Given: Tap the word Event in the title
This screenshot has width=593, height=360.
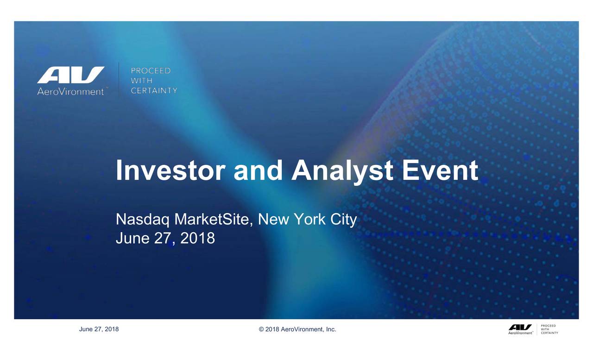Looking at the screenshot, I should [440, 171].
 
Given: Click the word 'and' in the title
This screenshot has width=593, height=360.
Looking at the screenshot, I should [258, 171].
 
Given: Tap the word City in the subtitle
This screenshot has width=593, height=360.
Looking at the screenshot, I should [343, 219].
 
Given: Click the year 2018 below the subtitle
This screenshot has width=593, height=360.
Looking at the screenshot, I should [197, 238].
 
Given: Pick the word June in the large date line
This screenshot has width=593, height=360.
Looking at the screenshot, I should [131, 238].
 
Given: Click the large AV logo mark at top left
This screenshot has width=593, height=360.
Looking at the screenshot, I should [71, 76].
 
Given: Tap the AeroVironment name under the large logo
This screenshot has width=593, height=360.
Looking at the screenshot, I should [70, 92].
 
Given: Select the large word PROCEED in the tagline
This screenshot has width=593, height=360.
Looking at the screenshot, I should [151, 71].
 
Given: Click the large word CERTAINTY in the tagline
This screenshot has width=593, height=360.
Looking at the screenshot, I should [154, 90].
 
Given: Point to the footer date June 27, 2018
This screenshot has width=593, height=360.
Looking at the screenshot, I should [99, 329].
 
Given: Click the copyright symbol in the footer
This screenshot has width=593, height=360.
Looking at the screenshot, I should [261, 329].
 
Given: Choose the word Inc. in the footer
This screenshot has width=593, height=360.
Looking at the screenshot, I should [331, 329].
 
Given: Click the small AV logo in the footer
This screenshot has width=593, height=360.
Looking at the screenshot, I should [520, 327].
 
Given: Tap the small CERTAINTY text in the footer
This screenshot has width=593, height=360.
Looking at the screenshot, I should [549, 333].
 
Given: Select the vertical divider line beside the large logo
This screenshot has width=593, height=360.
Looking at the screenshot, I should [120, 80].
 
